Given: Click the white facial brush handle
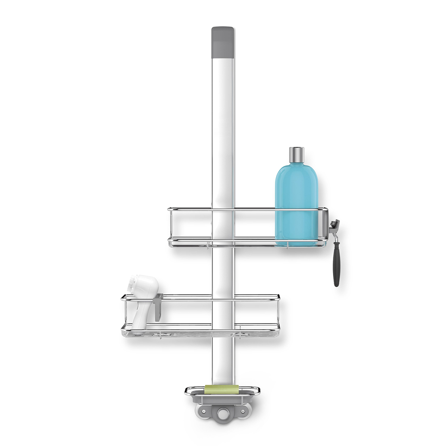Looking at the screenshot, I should pyautogui.click(x=140, y=318).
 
